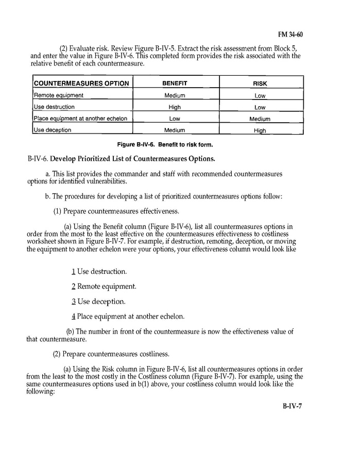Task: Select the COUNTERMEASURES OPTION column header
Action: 81,84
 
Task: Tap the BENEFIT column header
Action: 175,83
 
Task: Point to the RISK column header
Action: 260,84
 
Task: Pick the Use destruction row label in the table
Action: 54,107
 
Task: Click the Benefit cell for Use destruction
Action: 175,107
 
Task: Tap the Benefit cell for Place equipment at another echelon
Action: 175,119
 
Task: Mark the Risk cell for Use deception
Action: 260,130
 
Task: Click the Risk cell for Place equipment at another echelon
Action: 260,119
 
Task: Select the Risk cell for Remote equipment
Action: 260,96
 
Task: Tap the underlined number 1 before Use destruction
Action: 74,271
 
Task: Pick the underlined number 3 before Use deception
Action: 74,301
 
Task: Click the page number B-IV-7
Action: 292,406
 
